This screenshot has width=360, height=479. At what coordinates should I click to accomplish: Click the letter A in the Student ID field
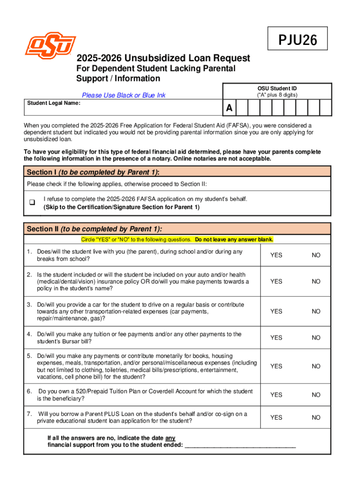229,109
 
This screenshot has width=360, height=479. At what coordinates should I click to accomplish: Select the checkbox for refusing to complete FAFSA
32,203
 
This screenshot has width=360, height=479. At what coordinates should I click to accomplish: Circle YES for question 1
276,255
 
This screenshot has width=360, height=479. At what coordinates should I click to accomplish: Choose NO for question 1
317,255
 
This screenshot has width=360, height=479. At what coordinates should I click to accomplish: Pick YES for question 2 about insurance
276,281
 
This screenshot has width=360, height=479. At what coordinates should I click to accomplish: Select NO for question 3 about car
317,311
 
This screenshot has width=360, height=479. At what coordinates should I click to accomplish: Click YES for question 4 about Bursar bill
276,337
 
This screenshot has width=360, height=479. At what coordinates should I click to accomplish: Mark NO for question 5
317,366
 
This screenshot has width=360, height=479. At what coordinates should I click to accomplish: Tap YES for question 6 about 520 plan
276,395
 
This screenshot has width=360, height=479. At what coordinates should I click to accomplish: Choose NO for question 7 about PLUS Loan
317,417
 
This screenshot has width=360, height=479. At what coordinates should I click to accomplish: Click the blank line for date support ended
240,445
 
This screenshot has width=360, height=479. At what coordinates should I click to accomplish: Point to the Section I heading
94,172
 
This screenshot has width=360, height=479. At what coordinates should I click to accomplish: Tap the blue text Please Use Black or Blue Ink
123,95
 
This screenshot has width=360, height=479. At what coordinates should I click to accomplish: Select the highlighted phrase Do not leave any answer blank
234,239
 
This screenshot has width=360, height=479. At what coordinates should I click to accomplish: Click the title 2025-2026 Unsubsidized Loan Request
163,58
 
